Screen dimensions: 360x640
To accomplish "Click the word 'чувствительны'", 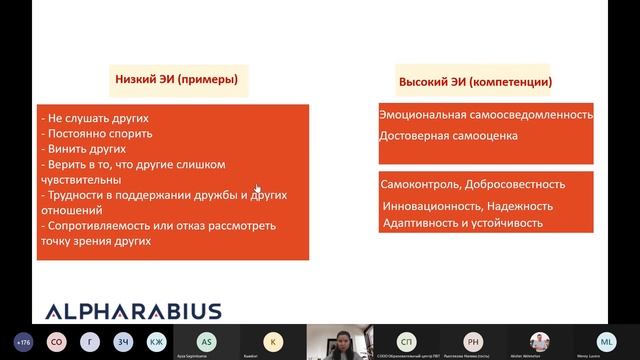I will pyautogui.click(x=82, y=180).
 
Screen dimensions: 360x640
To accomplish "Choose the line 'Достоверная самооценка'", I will pyautogui.click(x=448, y=135).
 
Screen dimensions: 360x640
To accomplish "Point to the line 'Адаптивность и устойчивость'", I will pyautogui.click(x=463, y=223).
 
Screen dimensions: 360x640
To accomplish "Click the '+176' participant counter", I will pyautogui.click(x=24, y=339).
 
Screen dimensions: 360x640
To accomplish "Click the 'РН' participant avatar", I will pyautogui.click(x=472, y=340).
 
